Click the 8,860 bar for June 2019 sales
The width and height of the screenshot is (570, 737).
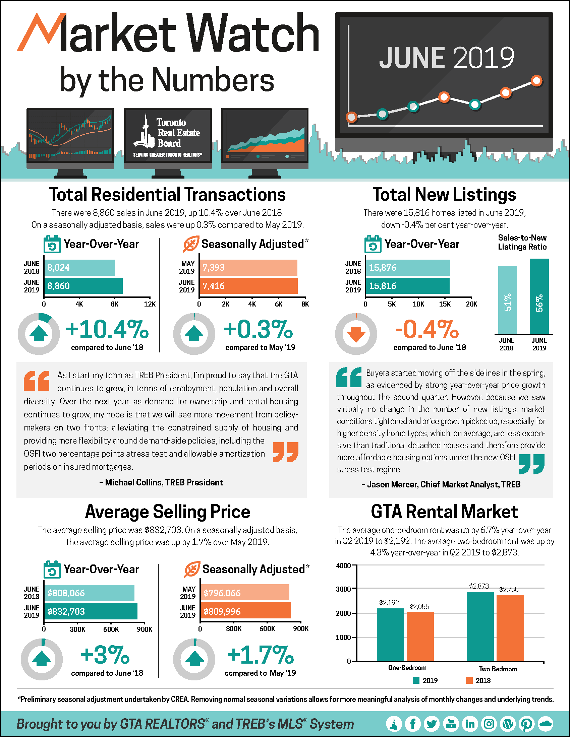point(83,286)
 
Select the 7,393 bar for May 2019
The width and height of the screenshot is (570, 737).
point(248,268)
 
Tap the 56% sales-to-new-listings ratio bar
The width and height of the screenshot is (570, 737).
point(539,296)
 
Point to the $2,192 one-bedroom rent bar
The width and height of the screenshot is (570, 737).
point(390,634)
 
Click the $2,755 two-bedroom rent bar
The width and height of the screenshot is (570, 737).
point(510,628)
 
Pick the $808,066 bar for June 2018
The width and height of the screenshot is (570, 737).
point(89,593)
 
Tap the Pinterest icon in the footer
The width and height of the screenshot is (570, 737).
point(527,724)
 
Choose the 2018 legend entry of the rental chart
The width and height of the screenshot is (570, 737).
point(478,680)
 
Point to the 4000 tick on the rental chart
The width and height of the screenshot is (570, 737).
point(343,566)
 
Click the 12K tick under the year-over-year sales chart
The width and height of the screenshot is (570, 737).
point(150,304)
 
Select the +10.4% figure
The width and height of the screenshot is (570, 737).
point(107,329)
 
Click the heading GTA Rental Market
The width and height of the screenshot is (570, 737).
point(444,512)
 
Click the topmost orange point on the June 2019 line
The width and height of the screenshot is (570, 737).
point(536,81)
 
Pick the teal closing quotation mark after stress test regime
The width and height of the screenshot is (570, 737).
point(531,464)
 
